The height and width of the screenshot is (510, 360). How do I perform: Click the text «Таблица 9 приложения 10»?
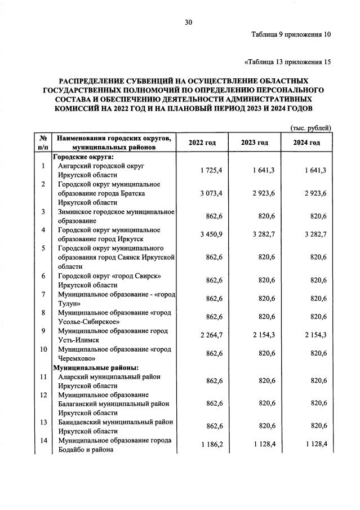(x=291, y=34)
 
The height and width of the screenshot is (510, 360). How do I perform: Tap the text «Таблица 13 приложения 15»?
(x=287, y=61)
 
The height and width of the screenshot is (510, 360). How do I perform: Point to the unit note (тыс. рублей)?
(x=311, y=128)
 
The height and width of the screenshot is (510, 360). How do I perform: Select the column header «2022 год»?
(x=202, y=143)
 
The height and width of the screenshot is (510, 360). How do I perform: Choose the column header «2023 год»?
(x=254, y=143)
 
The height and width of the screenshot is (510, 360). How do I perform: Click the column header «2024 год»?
(x=306, y=143)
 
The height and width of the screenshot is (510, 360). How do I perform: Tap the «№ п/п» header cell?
(x=43, y=143)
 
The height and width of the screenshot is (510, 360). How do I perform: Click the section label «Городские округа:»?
(x=83, y=157)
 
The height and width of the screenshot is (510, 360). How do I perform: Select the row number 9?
(x=43, y=331)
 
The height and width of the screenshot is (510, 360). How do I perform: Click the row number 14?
(x=43, y=440)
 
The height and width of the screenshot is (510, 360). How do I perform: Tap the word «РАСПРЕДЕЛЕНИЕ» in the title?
(x=92, y=81)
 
